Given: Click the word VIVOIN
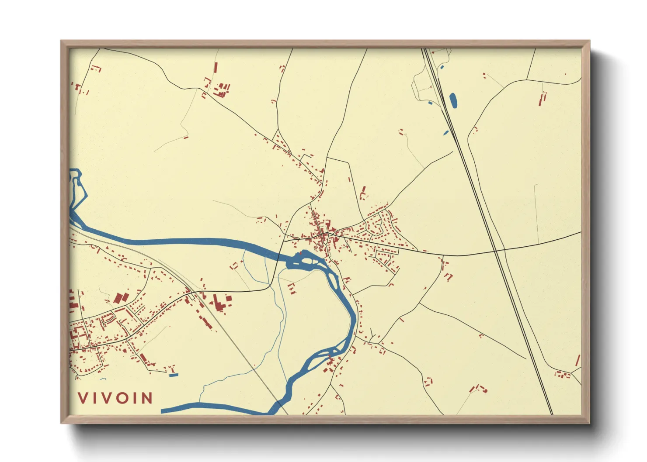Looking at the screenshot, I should coord(115,398).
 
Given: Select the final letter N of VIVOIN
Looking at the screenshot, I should coord(147,398).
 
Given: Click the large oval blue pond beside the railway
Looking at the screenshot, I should coord(453,100).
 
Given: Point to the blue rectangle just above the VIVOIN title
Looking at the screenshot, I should coord(174,375).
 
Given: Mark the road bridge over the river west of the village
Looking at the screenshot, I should coord(280,254).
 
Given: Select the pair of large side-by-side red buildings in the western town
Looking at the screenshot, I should coord(121,298).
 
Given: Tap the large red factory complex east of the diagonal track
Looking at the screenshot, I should coord(221,302).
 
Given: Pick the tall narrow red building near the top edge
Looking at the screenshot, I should coord(216,68).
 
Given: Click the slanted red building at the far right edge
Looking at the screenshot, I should coord(577,361).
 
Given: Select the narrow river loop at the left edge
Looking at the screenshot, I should coord(76,192).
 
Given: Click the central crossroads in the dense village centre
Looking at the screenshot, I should coord(324,236).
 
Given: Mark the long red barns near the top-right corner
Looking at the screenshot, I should coord(543,99).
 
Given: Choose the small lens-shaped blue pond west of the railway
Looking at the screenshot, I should coord(446,132).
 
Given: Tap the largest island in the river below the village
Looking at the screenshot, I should coord(308,261).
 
